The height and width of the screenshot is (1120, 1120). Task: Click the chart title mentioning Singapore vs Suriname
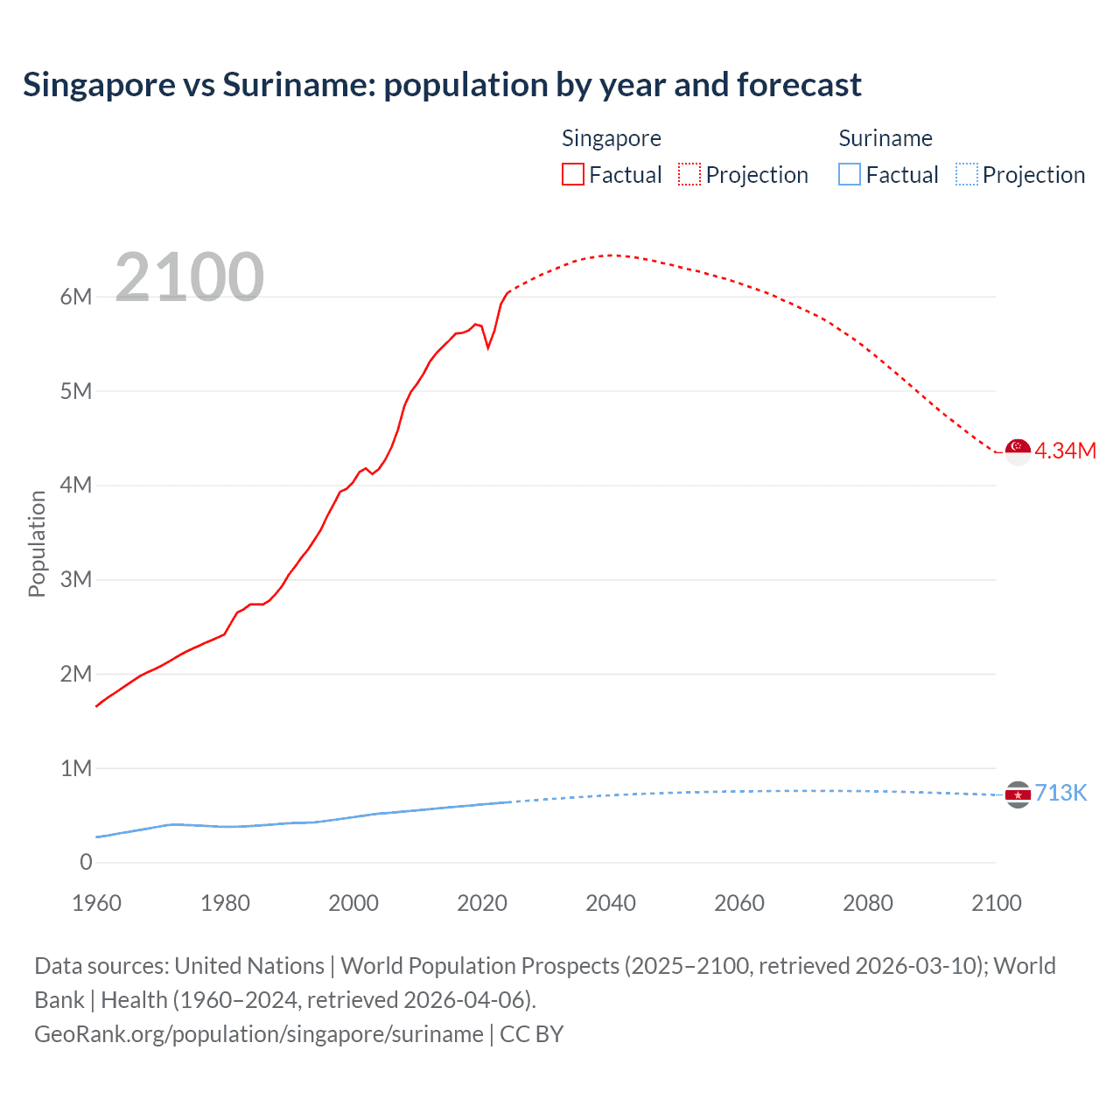click(x=442, y=85)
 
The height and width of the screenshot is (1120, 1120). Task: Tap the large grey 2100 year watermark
click(x=189, y=277)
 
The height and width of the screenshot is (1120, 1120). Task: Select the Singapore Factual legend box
click(x=572, y=174)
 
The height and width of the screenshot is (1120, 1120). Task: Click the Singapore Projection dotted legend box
click(x=689, y=174)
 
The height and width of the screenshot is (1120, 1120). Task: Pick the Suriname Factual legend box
click(x=849, y=174)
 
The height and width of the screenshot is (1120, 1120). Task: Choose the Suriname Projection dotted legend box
click(x=967, y=174)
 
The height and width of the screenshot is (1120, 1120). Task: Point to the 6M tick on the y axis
click(x=76, y=297)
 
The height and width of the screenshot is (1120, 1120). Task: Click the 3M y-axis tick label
click(x=76, y=579)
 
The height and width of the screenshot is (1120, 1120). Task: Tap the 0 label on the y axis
click(x=86, y=862)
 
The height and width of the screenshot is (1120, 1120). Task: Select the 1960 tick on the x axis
click(x=96, y=903)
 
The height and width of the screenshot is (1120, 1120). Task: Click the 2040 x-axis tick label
click(x=611, y=903)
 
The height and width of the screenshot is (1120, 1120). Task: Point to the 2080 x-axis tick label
click(x=868, y=903)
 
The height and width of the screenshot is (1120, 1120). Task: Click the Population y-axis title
click(x=37, y=543)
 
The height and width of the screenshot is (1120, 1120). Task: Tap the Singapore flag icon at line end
click(x=1018, y=451)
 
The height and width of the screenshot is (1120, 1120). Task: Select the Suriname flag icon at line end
click(x=1018, y=794)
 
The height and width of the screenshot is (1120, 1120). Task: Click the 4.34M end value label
click(x=1065, y=451)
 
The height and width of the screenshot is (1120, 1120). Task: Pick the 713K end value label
click(x=1060, y=793)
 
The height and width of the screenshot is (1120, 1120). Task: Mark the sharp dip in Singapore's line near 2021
click(x=488, y=347)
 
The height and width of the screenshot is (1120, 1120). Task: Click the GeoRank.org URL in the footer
click(x=258, y=1033)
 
